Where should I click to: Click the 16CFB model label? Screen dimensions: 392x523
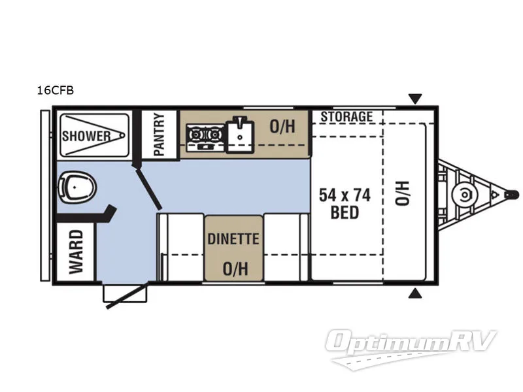point(56,91)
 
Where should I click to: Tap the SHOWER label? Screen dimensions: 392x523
point(86,136)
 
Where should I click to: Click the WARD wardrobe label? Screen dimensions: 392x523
point(76,252)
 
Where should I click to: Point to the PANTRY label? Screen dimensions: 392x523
point(160,134)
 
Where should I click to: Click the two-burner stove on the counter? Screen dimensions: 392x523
point(203,135)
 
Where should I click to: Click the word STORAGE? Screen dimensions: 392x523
point(346,117)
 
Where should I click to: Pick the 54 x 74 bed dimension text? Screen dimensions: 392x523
point(345,195)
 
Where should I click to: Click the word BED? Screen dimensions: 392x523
point(345,213)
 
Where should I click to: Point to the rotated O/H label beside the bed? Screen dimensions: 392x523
point(400,194)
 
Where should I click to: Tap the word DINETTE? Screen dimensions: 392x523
point(233,239)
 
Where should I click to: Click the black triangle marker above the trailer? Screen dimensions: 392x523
point(414,99)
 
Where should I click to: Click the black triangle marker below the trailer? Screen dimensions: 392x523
point(414,294)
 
